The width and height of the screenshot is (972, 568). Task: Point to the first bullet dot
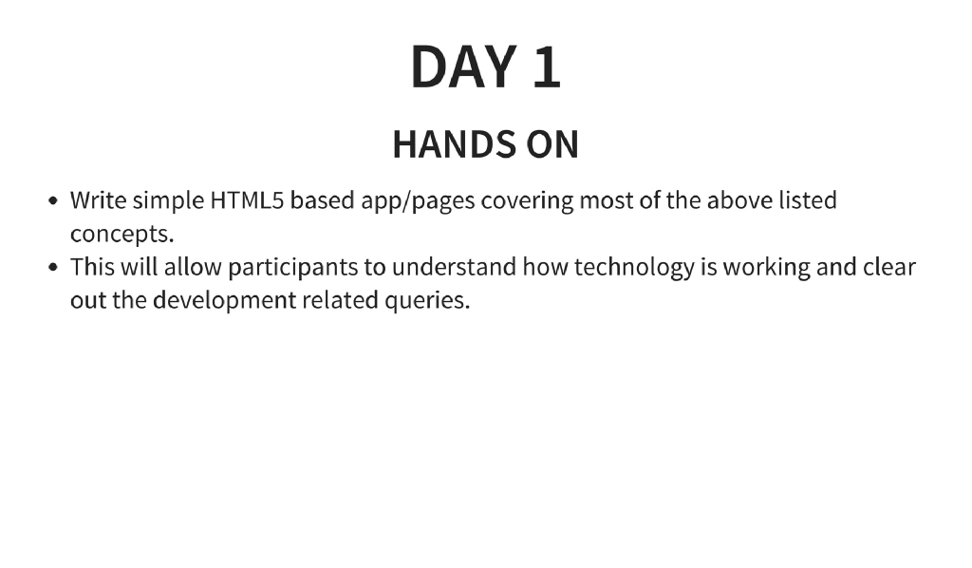54,201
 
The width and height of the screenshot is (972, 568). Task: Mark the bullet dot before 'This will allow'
54,267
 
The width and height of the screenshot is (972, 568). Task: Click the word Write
99,200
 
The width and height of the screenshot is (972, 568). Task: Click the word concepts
121,235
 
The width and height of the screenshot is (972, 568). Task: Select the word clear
888,267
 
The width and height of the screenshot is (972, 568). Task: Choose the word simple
167,202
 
